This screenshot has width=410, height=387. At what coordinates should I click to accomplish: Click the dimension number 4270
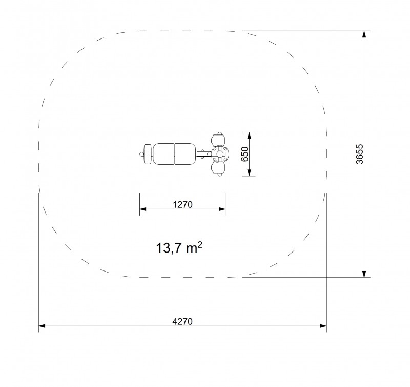tap(182, 321)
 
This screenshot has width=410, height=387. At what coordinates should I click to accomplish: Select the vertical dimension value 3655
tap(360, 154)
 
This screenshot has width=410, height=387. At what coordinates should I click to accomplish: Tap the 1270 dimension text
tap(182, 204)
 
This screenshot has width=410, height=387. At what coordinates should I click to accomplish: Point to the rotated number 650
tap(244, 154)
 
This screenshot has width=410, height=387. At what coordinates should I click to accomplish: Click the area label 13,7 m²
tap(179, 248)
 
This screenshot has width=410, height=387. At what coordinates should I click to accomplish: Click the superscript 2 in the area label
tap(200, 244)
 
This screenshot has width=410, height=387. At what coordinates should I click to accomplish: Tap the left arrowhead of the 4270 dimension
tap(42, 326)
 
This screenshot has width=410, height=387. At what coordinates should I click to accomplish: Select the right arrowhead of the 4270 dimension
tap(323, 326)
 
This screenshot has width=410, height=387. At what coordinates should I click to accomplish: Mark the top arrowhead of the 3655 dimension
tap(364, 34)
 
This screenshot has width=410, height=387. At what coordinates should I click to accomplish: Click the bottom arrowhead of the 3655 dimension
tap(364, 274)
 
